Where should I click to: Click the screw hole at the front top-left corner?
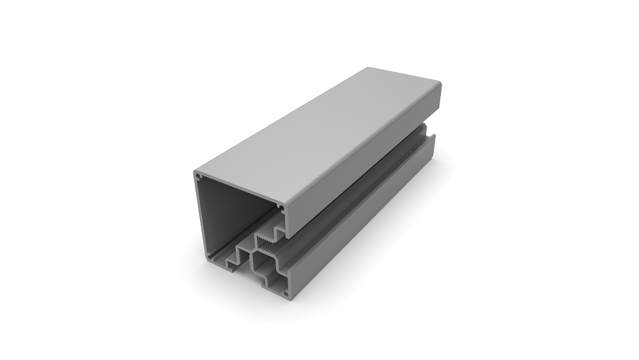(x=198, y=176)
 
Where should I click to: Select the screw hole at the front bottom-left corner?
(x=210, y=256)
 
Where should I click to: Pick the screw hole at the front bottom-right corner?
(x=285, y=293)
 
